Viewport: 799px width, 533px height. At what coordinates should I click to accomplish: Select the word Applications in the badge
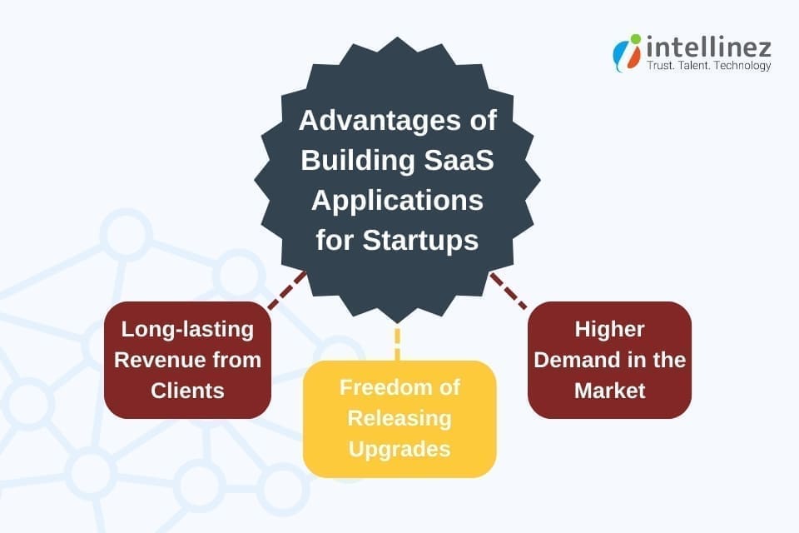point(398,201)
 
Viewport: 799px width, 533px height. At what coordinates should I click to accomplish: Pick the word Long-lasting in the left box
point(187,329)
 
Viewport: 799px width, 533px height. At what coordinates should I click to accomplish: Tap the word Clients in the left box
point(187,391)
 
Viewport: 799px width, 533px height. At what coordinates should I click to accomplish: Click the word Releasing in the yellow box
point(399,418)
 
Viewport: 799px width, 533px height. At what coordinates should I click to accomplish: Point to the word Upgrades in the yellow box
point(399,449)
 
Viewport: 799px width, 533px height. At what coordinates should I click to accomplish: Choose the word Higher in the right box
point(609,329)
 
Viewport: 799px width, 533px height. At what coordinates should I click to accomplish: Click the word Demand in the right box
point(574,360)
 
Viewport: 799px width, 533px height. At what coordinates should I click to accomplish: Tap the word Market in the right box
point(609,391)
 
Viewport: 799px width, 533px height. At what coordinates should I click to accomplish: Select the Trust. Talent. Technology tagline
point(708,66)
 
